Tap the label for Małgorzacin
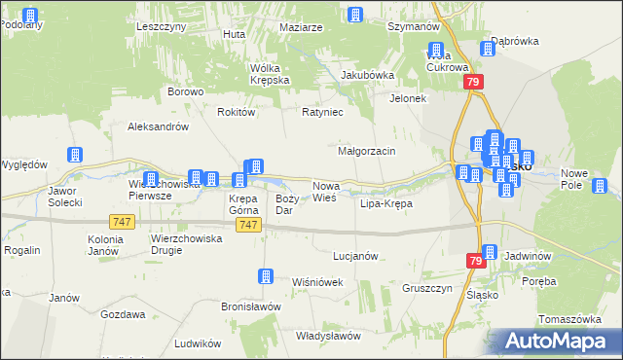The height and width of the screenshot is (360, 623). click(x=366, y=152)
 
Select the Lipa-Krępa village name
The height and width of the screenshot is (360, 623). click(x=386, y=204)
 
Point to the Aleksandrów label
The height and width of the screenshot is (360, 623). click(x=158, y=126)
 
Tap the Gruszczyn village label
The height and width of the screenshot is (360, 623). click(x=428, y=289)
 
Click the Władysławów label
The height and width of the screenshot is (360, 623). click(x=330, y=336)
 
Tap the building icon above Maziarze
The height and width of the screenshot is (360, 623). click(x=354, y=15)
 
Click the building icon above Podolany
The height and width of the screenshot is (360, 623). click(x=29, y=16)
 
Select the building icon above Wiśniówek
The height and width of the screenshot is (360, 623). click(x=265, y=277)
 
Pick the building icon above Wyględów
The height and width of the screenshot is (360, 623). click(x=74, y=155)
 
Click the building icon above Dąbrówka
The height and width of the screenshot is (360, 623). click(x=489, y=49)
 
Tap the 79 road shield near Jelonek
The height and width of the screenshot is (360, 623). click(x=473, y=84)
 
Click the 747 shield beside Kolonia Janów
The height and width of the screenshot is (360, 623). click(x=122, y=222)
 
